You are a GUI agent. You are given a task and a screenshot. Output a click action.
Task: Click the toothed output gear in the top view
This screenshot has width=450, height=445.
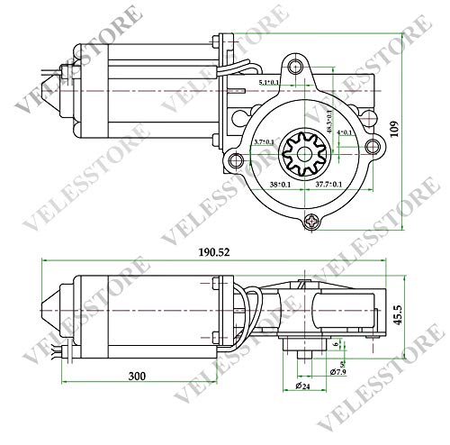(301, 155)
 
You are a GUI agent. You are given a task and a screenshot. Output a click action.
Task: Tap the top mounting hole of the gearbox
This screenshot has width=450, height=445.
(296, 66)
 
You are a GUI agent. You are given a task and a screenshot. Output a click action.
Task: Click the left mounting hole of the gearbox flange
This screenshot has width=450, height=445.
(237, 160)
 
